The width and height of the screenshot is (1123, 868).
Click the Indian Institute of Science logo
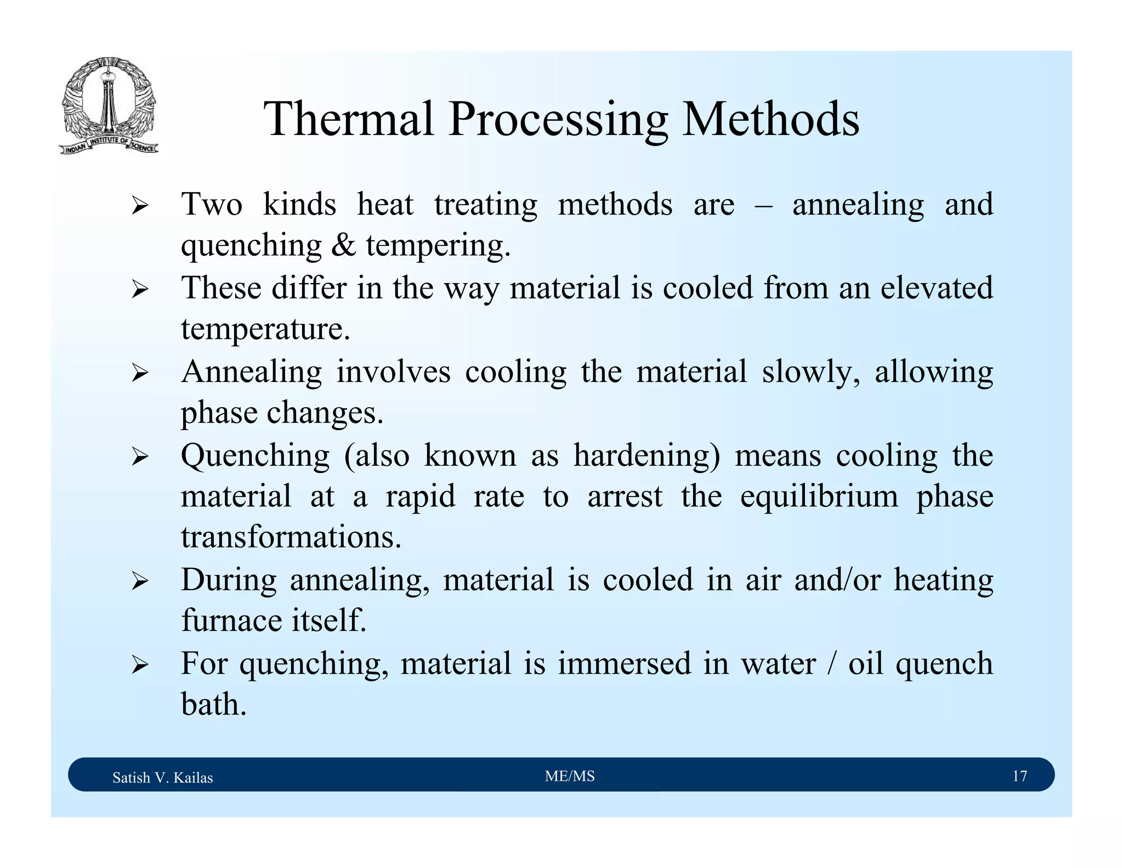tap(109, 106)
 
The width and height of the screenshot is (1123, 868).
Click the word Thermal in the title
tap(349, 119)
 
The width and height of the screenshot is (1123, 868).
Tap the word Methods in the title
tap(770, 119)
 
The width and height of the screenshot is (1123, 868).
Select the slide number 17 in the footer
tap(1019, 776)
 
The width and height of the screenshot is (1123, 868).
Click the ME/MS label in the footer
tap(570, 776)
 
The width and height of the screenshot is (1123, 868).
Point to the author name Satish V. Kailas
tap(162, 777)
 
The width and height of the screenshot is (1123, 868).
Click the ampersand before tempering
tap(343, 245)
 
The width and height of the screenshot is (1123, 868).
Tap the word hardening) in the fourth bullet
tap(646, 455)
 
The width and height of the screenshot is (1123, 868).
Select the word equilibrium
tap(819, 496)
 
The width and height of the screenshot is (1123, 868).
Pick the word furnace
tap(231, 621)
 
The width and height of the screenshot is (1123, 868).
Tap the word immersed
tap(625, 663)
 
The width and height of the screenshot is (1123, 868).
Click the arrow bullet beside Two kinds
tap(140, 206)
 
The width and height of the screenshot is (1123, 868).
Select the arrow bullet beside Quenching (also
tap(140, 456)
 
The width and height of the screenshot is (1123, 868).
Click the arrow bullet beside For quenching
tap(140, 665)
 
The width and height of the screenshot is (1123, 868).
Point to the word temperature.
tap(265, 329)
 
